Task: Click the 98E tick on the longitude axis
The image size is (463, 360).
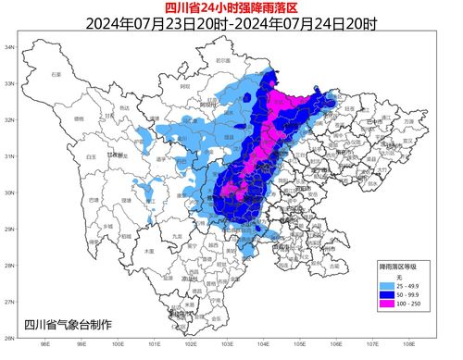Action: tap(45, 344)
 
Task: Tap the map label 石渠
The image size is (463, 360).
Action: tap(56, 73)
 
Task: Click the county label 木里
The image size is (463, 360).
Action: tap(148, 251)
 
